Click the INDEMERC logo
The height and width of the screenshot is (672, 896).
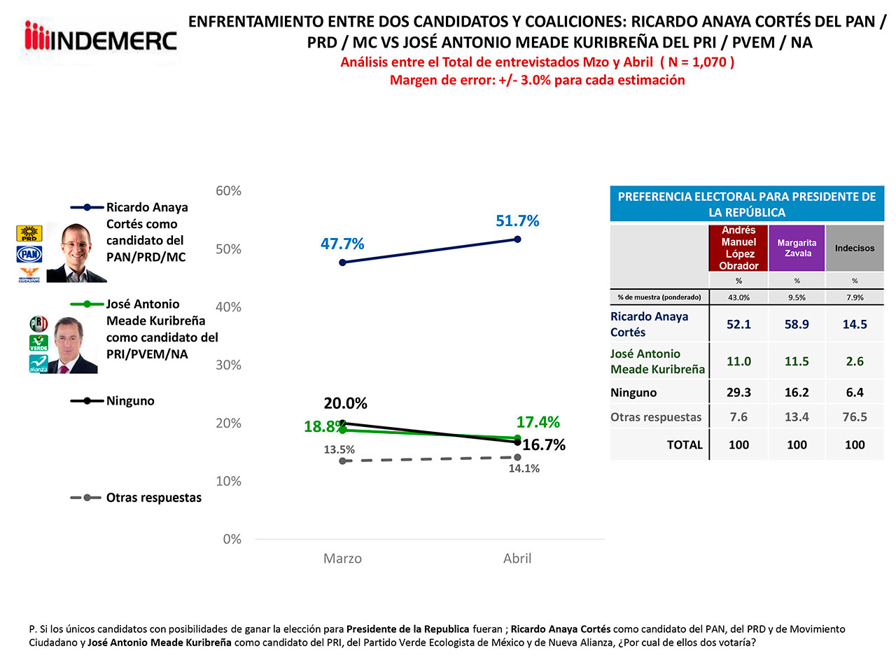click(x=100, y=38)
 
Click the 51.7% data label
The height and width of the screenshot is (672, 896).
click(x=517, y=221)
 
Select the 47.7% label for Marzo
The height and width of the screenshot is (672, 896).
click(x=342, y=244)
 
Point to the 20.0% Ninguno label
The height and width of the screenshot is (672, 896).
click(x=345, y=403)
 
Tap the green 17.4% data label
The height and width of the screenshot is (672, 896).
click(x=538, y=422)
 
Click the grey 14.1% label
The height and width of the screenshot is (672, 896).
click(x=524, y=468)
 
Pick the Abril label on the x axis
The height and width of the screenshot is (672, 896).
click(x=517, y=559)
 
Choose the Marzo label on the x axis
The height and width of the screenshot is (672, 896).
click(x=342, y=559)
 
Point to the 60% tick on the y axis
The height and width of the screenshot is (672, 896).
click(x=228, y=191)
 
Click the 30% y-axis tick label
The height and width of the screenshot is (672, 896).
click(x=228, y=365)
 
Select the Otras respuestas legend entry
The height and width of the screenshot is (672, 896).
click(x=153, y=498)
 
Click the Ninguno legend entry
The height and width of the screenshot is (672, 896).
click(x=130, y=401)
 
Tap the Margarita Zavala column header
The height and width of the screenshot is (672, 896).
click(x=797, y=248)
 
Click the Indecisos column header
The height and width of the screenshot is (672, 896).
click(x=855, y=248)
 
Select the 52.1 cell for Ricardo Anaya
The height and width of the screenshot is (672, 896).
click(x=738, y=324)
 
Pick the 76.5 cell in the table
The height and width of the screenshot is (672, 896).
click(x=855, y=417)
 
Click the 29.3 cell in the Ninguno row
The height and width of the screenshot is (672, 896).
click(x=738, y=393)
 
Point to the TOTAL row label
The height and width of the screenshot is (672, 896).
click(x=685, y=445)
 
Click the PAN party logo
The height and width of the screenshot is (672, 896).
click(x=29, y=254)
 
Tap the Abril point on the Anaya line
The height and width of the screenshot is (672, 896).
click(x=517, y=239)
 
